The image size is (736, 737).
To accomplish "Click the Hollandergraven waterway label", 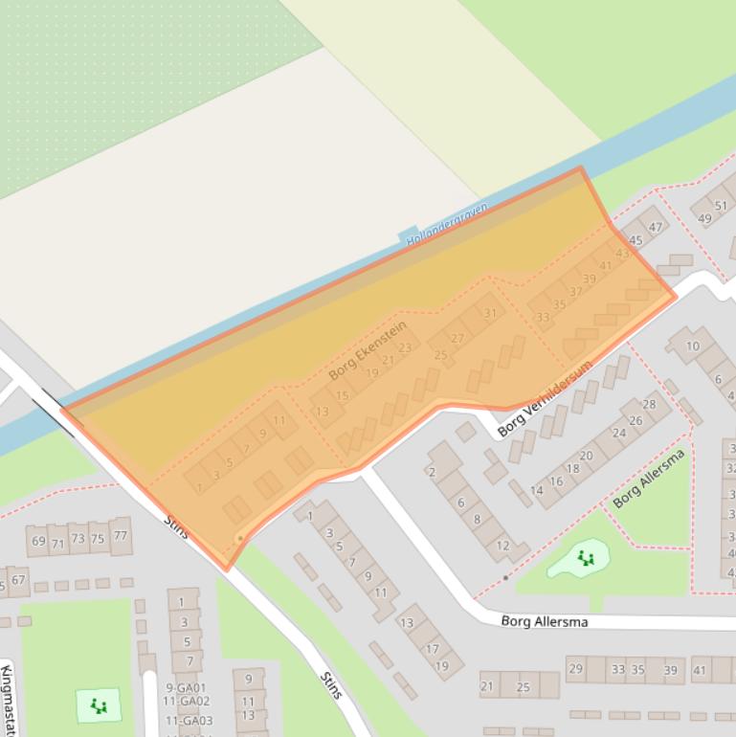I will [x=447, y=225].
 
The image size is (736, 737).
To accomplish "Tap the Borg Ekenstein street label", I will [x=368, y=350].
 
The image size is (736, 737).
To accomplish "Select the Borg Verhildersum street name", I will [x=546, y=399].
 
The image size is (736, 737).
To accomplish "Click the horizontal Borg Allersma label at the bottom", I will [x=545, y=621].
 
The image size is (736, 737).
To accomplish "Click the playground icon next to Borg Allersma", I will [x=586, y=558].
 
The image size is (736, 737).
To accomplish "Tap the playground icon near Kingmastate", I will [x=99, y=706].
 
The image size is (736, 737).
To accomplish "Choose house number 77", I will [x=120, y=536].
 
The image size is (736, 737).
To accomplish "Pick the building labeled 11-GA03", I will [x=189, y=721].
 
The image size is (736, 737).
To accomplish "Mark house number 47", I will [x=656, y=227].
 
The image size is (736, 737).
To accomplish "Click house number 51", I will [x=721, y=206].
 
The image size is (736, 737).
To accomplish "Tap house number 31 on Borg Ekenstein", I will [x=490, y=313].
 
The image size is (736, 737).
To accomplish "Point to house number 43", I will [x=622, y=254].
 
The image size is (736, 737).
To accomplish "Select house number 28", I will [x=649, y=404].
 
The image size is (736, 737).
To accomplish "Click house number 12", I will [x=503, y=546].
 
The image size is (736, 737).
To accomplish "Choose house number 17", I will [x=432, y=649].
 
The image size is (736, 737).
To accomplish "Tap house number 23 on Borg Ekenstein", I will [x=405, y=347].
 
